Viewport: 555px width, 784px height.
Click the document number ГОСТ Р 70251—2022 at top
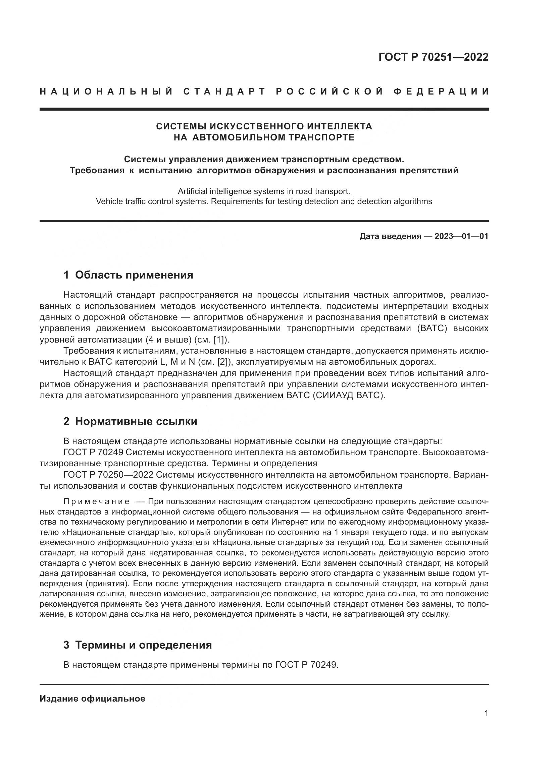(x=433, y=57)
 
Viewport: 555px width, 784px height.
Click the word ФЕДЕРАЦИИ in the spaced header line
(x=441, y=92)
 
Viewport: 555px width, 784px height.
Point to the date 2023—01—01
(x=461, y=236)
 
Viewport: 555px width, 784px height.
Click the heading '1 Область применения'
(x=129, y=275)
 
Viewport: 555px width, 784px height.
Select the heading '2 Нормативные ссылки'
(x=130, y=421)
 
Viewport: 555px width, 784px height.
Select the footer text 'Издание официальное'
(x=92, y=699)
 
